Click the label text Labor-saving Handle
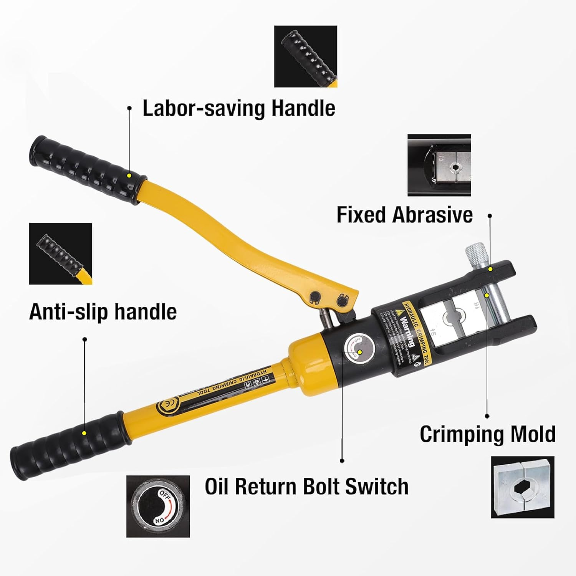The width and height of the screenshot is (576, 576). point(239,108)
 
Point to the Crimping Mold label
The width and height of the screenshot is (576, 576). point(488,434)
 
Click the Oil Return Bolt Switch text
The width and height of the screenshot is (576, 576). point(306,487)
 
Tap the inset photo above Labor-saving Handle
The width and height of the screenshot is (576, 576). point(306,56)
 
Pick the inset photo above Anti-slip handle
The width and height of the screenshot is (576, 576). point(61,254)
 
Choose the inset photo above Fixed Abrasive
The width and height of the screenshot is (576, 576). point(439,165)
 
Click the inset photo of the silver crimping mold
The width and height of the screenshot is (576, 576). point(523,487)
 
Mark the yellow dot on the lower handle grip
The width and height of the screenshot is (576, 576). point(84,433)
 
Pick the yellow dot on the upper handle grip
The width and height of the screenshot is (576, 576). point(129,175)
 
